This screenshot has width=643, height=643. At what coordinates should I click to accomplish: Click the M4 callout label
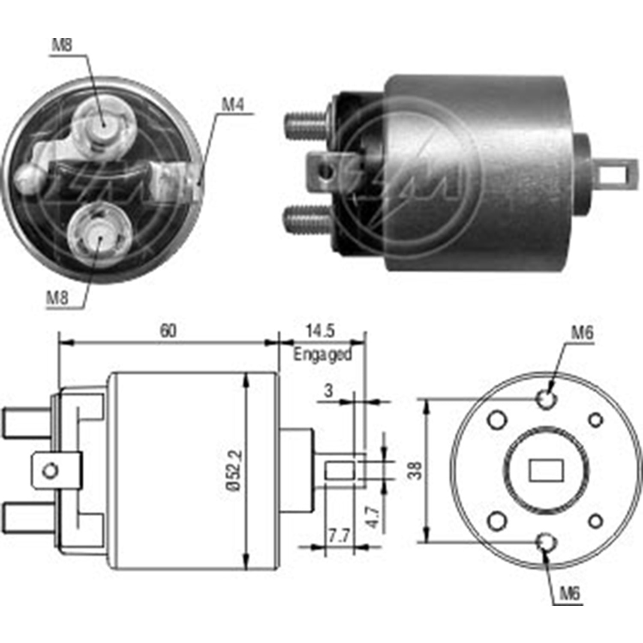coord(232,105)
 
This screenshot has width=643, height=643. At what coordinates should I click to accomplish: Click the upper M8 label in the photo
coord(62,45)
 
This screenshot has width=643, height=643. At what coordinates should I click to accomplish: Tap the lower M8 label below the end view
coord(57,297)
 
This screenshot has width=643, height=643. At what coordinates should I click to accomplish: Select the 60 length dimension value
coord(168,331)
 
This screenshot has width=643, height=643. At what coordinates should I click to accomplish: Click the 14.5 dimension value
coord(320,331)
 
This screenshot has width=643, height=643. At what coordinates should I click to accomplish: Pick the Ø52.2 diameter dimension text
coord(235,470)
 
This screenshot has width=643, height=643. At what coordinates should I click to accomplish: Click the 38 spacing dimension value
coord(415,470)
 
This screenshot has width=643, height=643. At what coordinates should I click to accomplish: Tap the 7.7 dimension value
coord(339,536)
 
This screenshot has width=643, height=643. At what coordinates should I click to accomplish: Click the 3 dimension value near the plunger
coord(328,391)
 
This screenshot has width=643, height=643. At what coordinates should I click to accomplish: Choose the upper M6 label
coord(582,333)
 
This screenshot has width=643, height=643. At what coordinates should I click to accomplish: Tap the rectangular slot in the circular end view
coord(546,471)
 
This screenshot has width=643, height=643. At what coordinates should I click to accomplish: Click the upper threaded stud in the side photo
coord(305,124)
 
